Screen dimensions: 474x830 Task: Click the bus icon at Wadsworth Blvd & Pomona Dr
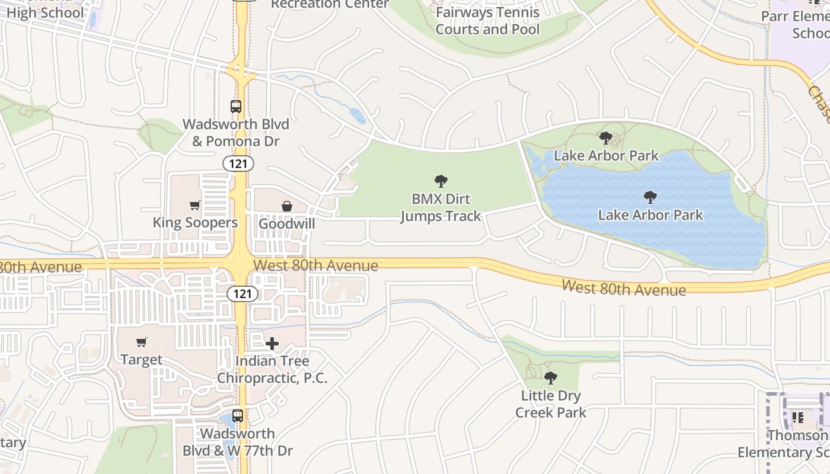(x=236, y=107)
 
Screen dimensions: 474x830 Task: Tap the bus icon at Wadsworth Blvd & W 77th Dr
(x=238, y=415)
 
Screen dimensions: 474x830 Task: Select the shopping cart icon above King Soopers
(x=194, y=206)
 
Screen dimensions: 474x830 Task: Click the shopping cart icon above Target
(x=141, y=342)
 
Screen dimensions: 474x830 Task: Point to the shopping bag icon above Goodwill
(x=287, y=206)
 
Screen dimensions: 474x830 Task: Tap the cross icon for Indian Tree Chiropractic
(x=272, y=344)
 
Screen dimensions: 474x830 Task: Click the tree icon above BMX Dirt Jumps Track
(x=440, y=181)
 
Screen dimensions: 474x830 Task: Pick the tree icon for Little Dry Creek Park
(x=551, y=377)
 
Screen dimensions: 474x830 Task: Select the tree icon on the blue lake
(x=650, y=197)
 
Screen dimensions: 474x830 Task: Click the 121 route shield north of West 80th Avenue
(x=238, y=164)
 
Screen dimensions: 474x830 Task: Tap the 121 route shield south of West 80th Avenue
(x=242, y=293)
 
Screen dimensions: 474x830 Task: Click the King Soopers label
(x=195, y=223)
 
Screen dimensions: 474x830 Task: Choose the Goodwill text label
(x=287, y=224)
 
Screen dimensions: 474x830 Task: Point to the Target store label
(x=141, y=359)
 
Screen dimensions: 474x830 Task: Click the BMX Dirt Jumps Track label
(x=440, y=207)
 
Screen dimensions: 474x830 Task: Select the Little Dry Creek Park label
(x=551, y=404)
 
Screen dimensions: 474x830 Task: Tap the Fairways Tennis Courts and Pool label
(x=487, y=21)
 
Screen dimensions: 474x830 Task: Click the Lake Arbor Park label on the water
(x=650, y=214)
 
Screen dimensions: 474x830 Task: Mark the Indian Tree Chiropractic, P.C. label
(x=272, y=369)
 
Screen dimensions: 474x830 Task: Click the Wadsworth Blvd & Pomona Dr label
(x=236, y=133)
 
